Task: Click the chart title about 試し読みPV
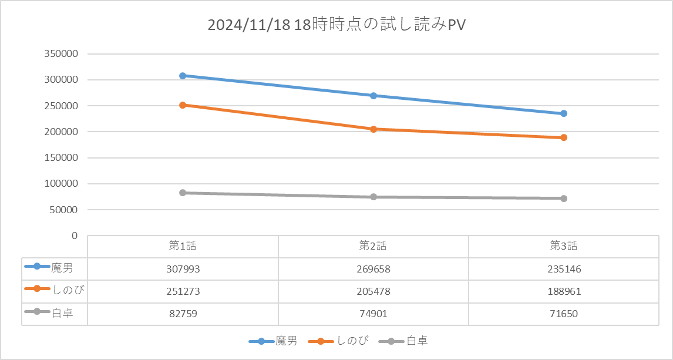pos(337,26)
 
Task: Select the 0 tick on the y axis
pos(75,235)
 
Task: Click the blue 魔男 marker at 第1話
pos(183,76)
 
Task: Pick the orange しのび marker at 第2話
pos(373,129)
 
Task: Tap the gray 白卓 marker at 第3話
pos(564,198)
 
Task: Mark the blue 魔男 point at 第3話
pos(564,113)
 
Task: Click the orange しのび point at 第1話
pos(183,105)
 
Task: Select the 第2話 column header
pos(373,246)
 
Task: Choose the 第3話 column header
pos(564,246)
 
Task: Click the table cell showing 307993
pos(183,269)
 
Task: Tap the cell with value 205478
pos(373,291)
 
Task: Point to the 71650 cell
pos(564,314)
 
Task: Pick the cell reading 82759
pos(183,314)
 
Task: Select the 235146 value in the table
pos(564,269)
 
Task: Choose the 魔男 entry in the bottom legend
pos(285,341)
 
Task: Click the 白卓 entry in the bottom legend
pos(417,341)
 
